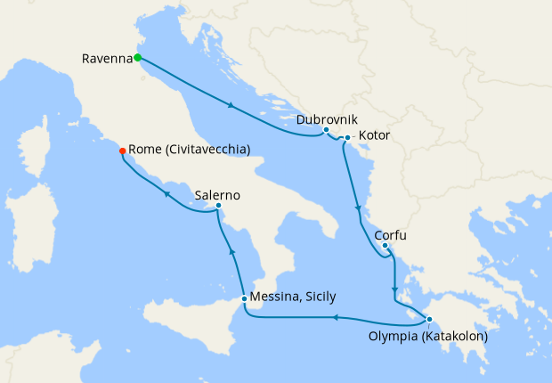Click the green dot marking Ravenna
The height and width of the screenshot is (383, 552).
[138, 58]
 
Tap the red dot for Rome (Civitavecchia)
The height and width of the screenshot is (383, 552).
[122, 151]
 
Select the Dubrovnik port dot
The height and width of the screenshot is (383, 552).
[327, 131]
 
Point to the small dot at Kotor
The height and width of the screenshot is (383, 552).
[347, 137]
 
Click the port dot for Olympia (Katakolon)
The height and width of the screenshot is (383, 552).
[428, 320]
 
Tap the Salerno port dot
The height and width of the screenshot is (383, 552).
[218, 207]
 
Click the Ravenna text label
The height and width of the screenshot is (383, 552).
[107, 59]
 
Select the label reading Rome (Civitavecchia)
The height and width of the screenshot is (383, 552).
[189, 150]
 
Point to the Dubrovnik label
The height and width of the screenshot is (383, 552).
[327, 118]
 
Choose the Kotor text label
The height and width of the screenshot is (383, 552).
[374, 136]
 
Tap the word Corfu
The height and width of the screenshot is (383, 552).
[392, 238]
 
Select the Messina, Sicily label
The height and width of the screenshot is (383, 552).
[294, 297]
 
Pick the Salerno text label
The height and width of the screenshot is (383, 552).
[217, 195]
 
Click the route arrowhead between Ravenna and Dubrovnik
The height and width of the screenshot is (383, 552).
[232, 106]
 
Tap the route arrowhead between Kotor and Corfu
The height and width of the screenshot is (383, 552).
[359, 210]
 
